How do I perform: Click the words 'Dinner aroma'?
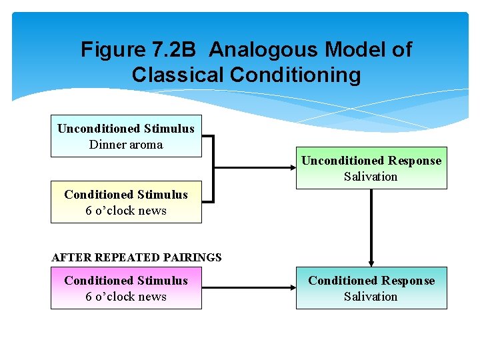coord(126,145)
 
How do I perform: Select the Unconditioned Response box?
coord(371,168)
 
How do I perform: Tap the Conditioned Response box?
coord(371,288)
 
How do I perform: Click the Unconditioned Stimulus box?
coord(126,136)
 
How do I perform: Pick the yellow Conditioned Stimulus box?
coord(126,202)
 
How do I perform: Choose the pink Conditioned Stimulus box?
coord(126,288)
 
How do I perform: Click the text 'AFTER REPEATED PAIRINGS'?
coord(137,257)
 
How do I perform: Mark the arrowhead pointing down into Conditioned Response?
coord(371,263)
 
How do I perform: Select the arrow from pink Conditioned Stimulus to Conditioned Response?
coord(248,288)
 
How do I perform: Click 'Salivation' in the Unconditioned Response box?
coord(371,177)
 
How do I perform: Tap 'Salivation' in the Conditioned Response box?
coord(371,297)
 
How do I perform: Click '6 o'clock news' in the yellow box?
coord(126,211)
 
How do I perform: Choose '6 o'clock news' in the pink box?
coord(126,297)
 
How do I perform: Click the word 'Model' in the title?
coord(355,50)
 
